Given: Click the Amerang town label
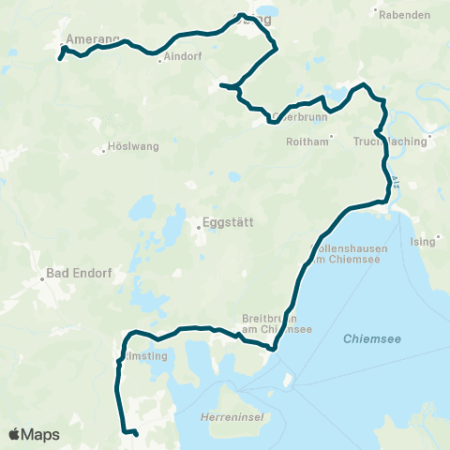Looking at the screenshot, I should tap(94, 38).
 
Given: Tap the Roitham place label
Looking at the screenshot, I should tap(309, 142).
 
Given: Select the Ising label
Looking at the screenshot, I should tap(423, 241).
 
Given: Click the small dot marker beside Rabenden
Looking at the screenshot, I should tap(376, 13).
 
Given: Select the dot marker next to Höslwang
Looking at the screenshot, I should tap(104, 148).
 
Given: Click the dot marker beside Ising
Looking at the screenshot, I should tap(409, 241).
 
